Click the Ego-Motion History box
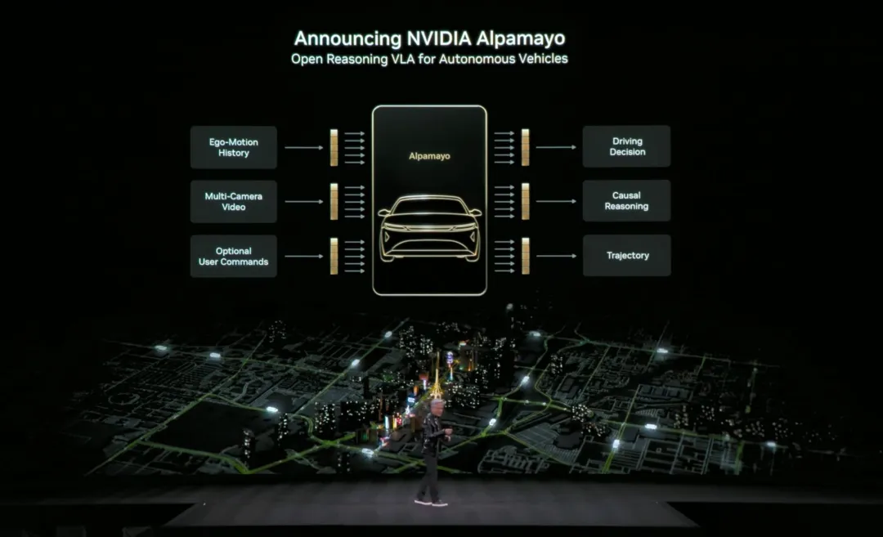pyautogui.click(x=234, y=147)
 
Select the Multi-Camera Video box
pyautogui.click(x=234, y=202)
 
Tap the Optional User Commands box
pyautogui.click(x=234, y=257)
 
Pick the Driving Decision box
pyautogui.click(x=626, y=146)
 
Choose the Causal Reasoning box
pyautogui.click(x=626, y=201)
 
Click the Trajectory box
pyautogui.click(x=626, y=256)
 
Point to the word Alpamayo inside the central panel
pyautogui.click(x=429, y=155)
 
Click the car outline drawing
pyautogui.click(x=429, y=228)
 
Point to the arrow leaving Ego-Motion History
pyautogui.click(x=304, y=148)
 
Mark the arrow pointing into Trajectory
pyautogui.click(x=556, y=256)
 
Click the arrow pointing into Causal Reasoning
pyautogui.click(x=556, y=201)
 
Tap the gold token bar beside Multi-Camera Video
pyautogui.click(x=334, y=202)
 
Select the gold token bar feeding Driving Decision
pyautogui.click(x=525, y=147)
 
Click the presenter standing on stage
pyautogui.click(x=431, y=450)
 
